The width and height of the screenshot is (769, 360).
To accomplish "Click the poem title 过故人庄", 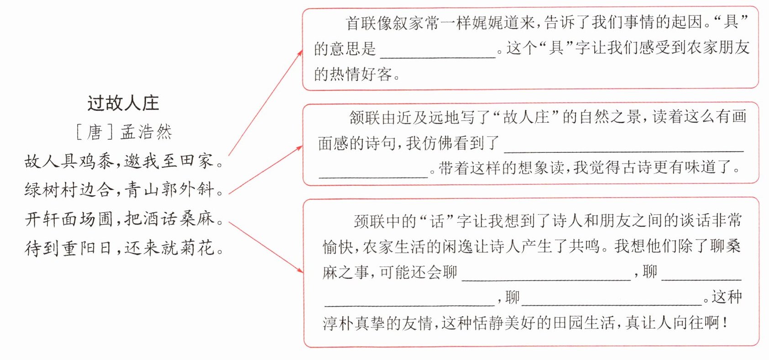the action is pyautogui.click(x=123, y=103).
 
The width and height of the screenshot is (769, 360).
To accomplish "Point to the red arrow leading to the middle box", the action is pyautogui.click(x=265, y=170).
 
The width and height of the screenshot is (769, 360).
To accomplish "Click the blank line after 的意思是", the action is pyautogui.click(x=438, y=57).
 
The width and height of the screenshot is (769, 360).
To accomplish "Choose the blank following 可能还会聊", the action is pyautogui.click(x=546, y=280).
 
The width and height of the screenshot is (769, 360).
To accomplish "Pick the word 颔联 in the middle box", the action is pyautogui.click(x=365, y=117).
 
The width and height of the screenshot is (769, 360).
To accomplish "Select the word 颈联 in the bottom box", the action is pyautogui.click(x=369, y=221).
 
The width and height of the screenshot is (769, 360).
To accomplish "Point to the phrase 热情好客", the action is pyautogui.click(x=361, y=74).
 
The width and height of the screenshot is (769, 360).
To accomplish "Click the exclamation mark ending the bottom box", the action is pyautogui.click(x=725, y=323).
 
